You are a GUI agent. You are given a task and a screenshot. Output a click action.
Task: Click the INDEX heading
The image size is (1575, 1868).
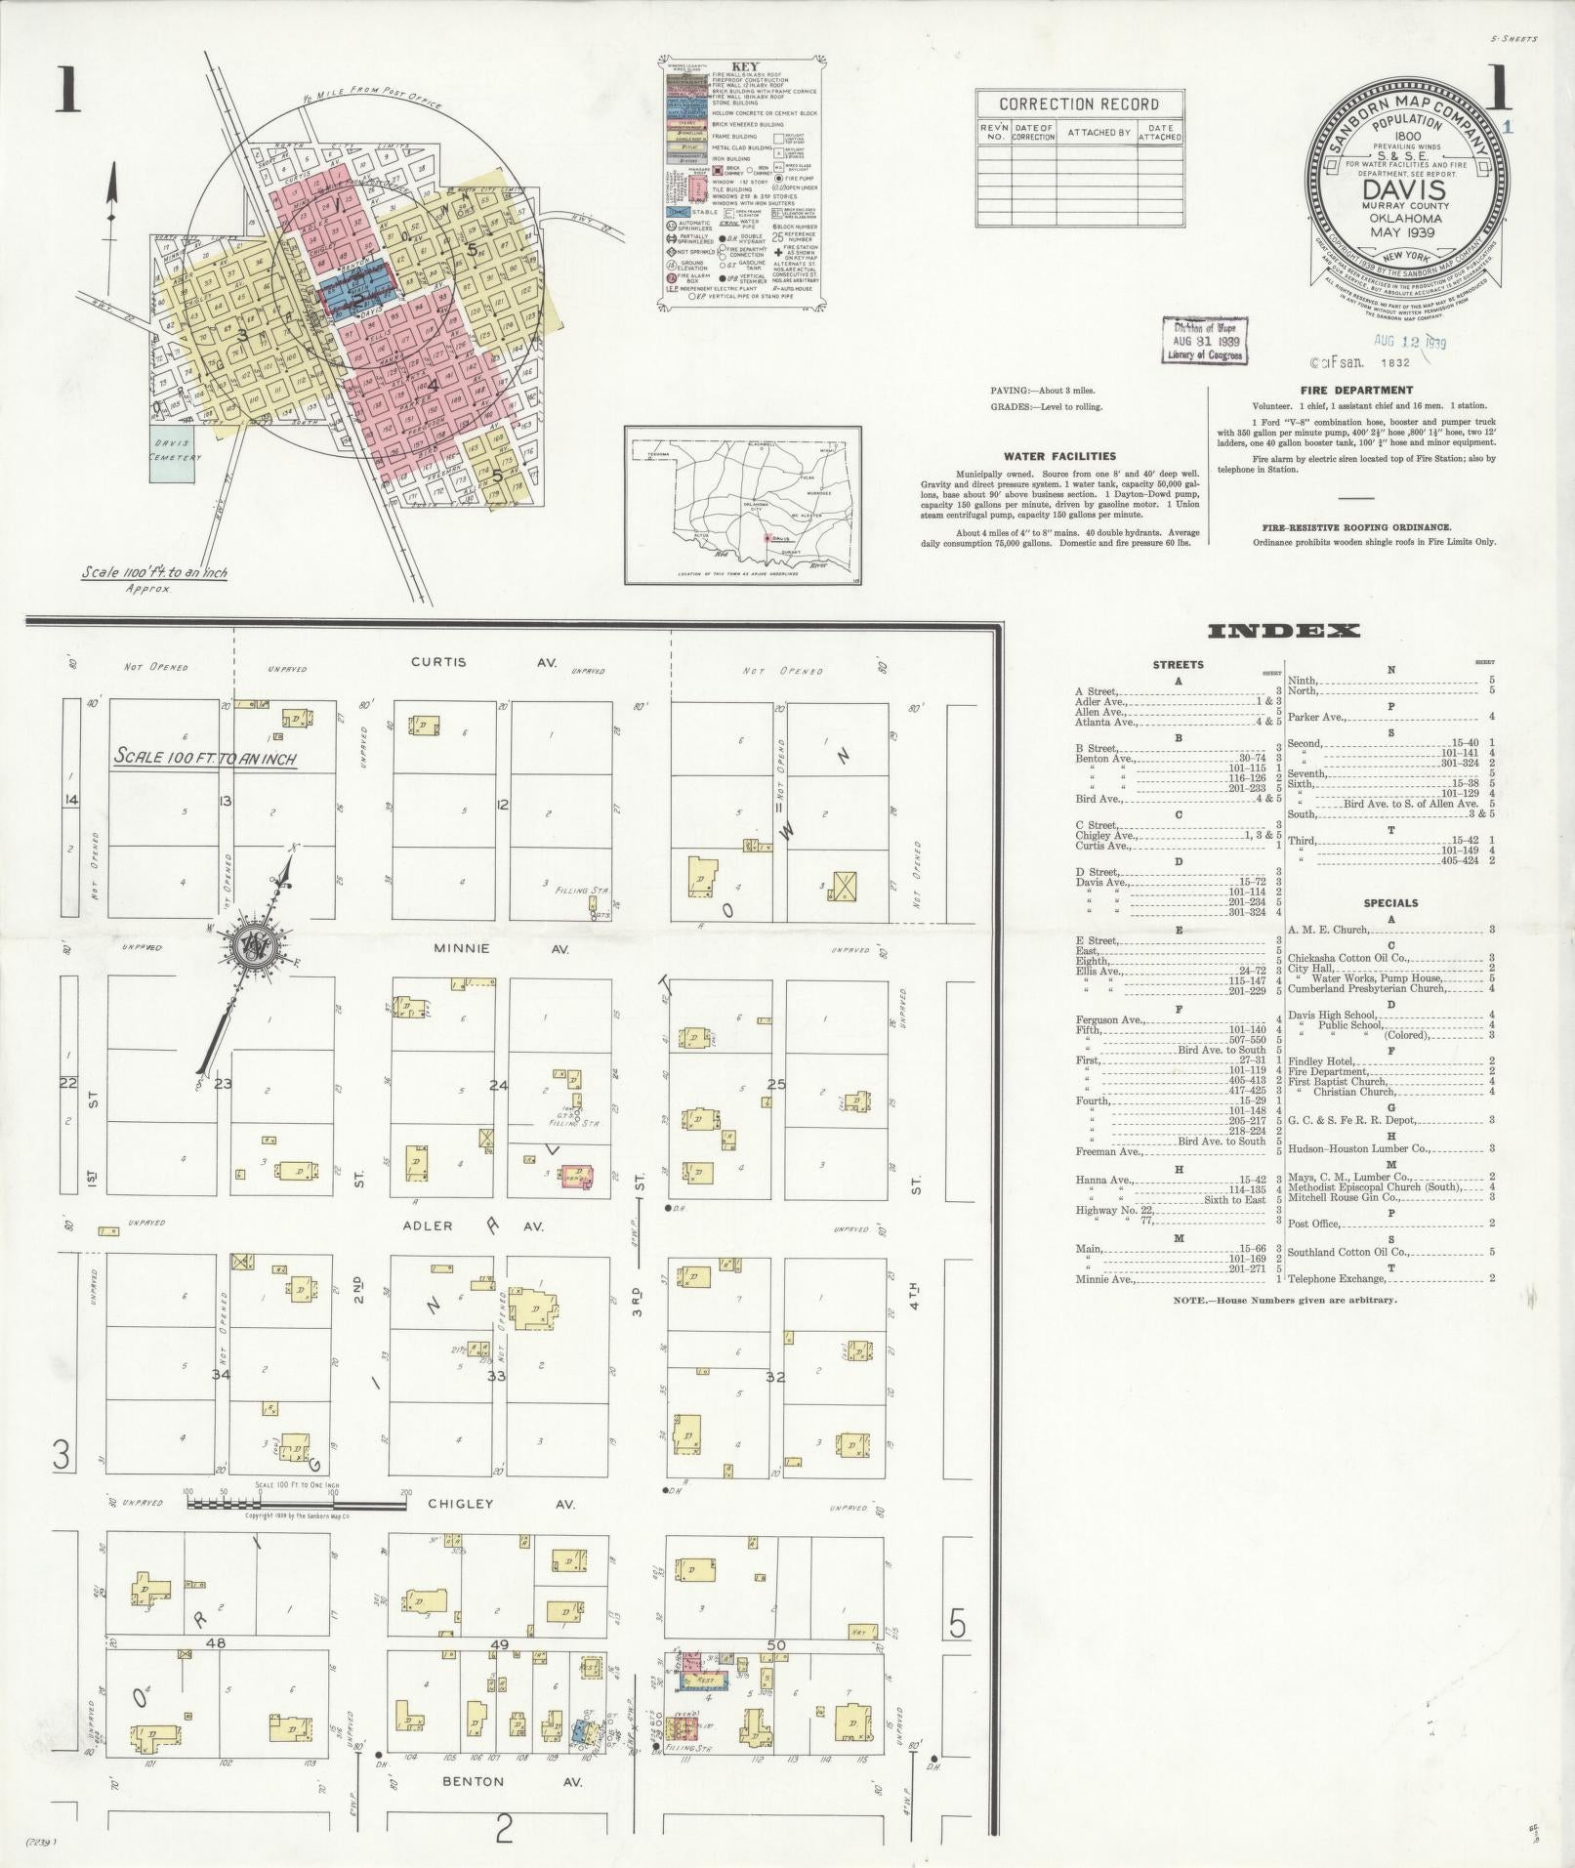pos(1283,631)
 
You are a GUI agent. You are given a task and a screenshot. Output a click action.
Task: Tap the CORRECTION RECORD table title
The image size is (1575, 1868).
pos(1079,104)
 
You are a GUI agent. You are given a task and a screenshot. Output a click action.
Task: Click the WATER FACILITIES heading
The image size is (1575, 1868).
pos(1059,456)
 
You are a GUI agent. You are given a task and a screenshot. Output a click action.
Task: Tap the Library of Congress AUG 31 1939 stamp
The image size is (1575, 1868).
pos(1205,342)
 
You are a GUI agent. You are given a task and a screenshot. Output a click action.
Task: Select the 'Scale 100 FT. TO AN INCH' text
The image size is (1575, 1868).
pos(205,757)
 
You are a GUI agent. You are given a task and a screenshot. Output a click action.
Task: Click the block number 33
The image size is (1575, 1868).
pos(497,1376)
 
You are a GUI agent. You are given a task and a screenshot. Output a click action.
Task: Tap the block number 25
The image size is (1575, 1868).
pos(776,1084)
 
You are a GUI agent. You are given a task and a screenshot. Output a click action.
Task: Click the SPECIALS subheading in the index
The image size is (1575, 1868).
pos(1390,903)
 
